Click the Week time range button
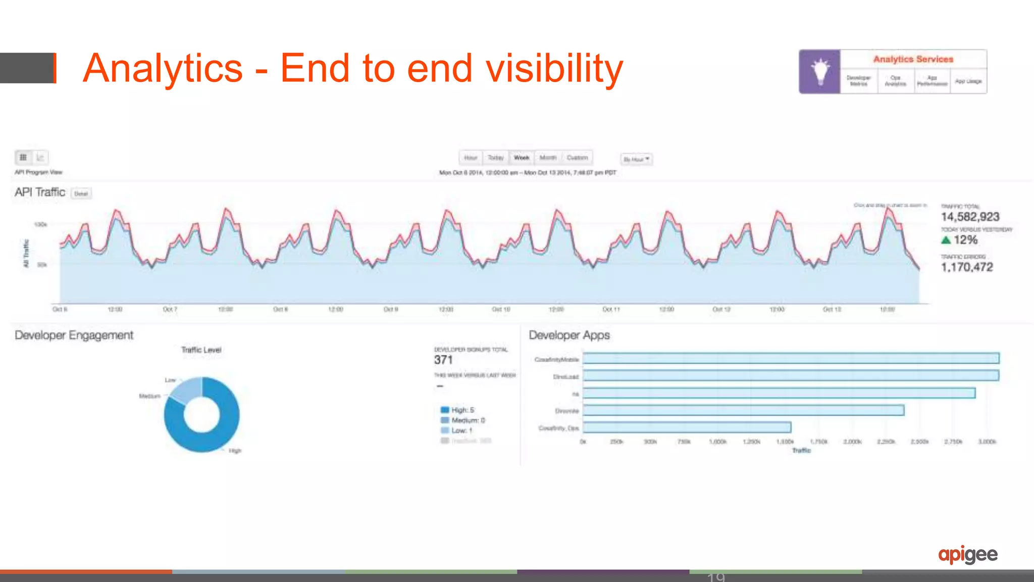[x=522, y=158]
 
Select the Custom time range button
[x=577, y=158]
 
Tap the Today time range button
[x=495, y=158]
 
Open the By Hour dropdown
[x=636, y=159]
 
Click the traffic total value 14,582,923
[x=970, y=217]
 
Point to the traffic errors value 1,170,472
[x=966, y=267]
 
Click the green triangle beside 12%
[x=946, y=240]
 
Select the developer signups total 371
[x=443, y=360]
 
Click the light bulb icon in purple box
[x=820, y=71]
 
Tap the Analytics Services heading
[x=913, y=59]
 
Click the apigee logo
[x=967, y=554]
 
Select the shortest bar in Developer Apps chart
[x=687, y=427]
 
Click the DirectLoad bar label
[x=565, y=377]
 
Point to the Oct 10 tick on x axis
[x=501, y=309]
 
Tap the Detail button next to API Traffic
[x=81, y=193]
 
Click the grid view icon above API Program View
[x=23, y=158]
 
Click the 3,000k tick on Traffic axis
[x=987, y=442]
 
